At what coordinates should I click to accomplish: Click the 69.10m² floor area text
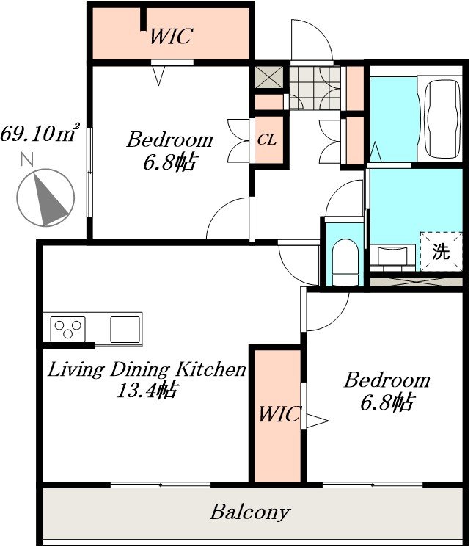pos(40,132)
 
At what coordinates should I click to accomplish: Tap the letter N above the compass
pos(27,159)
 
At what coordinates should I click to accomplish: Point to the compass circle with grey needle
pos(45,198)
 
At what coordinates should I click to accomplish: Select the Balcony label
pos(250,512)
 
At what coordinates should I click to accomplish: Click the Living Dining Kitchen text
pos(147,369)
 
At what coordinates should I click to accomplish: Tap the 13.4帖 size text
pos(147,390)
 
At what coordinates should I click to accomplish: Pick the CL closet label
pos(267,140)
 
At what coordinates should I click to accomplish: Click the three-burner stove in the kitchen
pos(68,329)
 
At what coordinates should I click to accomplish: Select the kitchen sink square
pos(125,330)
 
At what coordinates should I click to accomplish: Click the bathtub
pos(442,119)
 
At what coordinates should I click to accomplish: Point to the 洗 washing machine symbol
pos(441,251)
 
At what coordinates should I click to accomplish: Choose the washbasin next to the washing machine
pos(392,256)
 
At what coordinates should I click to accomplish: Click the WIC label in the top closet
pos(171,35)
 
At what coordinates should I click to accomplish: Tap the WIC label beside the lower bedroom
pos(279,414)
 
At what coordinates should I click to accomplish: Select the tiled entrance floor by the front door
pos(315,88)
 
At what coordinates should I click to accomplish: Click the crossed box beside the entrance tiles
pos(269,77)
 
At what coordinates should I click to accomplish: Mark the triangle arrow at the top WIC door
pos(159,76)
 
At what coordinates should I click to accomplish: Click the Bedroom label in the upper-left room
pos(169,140)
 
